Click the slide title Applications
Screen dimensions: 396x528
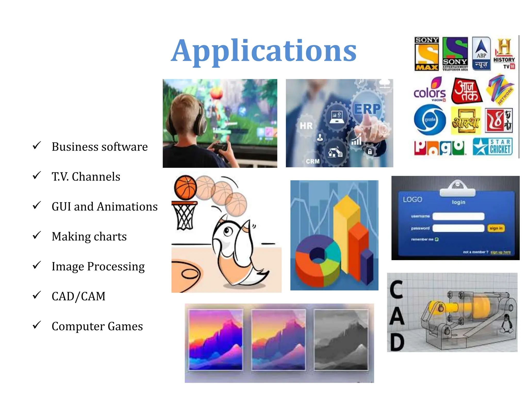[263, 51]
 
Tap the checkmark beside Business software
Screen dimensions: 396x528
[37, 146]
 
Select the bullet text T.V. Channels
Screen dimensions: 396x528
[86, 177]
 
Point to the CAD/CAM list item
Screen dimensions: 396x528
[78, 296]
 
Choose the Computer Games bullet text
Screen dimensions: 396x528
[97, 326]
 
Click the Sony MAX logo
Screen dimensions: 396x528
[427, 54]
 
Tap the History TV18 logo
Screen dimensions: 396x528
[504, 54]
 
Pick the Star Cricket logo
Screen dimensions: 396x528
[493, 147]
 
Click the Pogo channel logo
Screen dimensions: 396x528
[439, 148]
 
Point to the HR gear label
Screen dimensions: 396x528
[306, 126]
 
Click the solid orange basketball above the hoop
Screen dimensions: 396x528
[185, 187]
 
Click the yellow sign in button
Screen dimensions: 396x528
[496, 228]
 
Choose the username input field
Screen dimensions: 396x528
[458, 216]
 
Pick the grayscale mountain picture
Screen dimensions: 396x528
[341, 340]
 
